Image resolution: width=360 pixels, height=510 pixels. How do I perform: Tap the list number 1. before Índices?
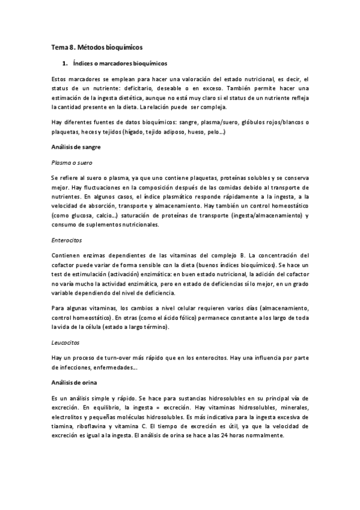click(x=64, y=63)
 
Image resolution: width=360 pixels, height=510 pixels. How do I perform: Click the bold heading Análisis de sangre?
click(x=75, y=146)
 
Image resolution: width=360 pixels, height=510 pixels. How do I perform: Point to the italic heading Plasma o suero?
click(x=70, y=162)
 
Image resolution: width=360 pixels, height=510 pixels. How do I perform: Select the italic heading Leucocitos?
click(x=66, y=343)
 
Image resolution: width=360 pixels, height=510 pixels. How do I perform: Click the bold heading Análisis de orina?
click(x=74, y=382)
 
